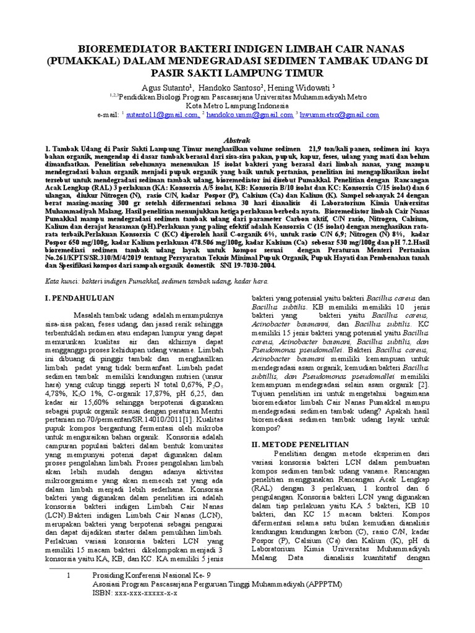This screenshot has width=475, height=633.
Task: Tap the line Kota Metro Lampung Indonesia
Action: [x=237, y=105]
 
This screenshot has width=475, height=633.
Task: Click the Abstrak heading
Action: [x=237, y=140]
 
